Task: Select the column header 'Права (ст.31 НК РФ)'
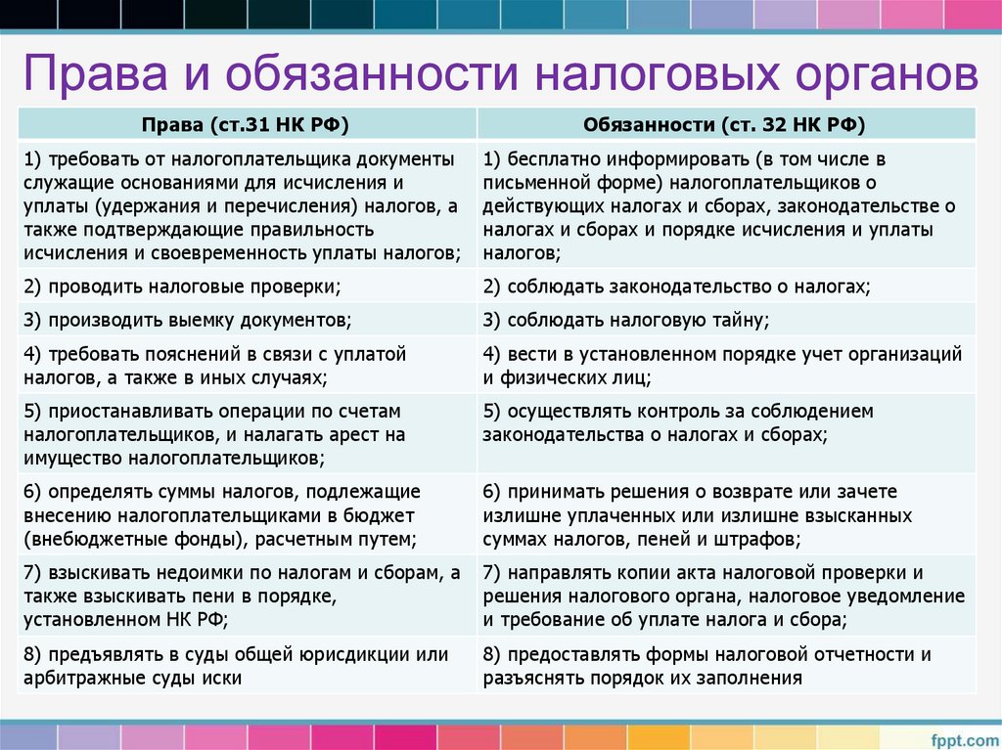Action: coord(246,124)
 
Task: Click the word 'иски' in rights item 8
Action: coord(224,677)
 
